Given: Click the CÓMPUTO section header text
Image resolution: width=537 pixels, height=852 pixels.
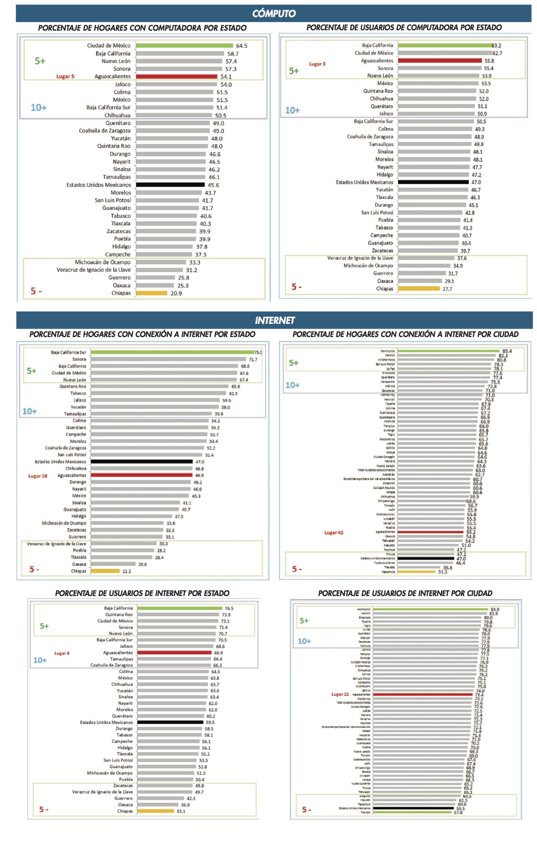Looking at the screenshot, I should pos(274,14).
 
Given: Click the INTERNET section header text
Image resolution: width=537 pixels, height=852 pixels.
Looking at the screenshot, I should pos(275,320).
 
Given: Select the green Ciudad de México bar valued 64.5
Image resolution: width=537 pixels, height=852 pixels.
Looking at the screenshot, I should pos(184,46).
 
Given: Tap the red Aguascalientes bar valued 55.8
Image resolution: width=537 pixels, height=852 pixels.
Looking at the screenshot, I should pos(440,61).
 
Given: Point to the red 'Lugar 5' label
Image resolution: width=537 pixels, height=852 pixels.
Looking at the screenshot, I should pos(65,76).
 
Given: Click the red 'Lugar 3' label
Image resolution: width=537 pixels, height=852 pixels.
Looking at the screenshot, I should pos(317,64).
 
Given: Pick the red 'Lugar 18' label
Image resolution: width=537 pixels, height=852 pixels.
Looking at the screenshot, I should pos(38,476).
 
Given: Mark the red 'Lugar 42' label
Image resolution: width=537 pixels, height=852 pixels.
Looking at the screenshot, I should pos(334,532).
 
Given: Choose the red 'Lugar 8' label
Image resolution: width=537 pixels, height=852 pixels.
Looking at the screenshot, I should pos(62,653).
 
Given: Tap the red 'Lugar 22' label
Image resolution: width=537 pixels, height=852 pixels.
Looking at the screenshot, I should pos(340,694).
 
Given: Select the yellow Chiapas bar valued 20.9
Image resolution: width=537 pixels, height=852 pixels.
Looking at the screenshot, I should pos(151,293).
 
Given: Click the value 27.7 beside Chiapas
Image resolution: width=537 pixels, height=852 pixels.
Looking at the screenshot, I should pos(447,289).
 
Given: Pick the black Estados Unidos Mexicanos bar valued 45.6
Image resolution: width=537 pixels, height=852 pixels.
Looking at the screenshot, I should pos(170,185).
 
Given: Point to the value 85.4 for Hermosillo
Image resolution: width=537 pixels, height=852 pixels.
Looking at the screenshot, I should pos(507,351).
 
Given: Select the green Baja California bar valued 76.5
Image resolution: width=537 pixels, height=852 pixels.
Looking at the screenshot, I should pos(180,608).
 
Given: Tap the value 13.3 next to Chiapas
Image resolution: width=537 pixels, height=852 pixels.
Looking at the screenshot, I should pos(127,572).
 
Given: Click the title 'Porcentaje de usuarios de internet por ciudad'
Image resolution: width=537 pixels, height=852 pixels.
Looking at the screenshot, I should pos(405,593).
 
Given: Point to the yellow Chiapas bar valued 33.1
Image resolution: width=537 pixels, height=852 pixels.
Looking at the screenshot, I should pos(155,811).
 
